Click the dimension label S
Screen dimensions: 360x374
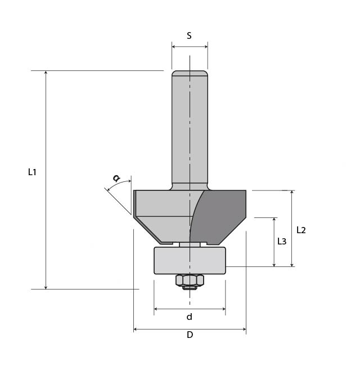coord(189,36)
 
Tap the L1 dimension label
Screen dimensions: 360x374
coord(32,172)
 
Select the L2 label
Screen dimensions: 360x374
coord(301,230)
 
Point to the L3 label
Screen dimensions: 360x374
coord(282,242)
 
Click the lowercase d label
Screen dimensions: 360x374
coord(189,317)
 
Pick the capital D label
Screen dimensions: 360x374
coord(190,335)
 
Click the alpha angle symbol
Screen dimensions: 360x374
coord(116,178)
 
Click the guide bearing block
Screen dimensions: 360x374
coord(190,260)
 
